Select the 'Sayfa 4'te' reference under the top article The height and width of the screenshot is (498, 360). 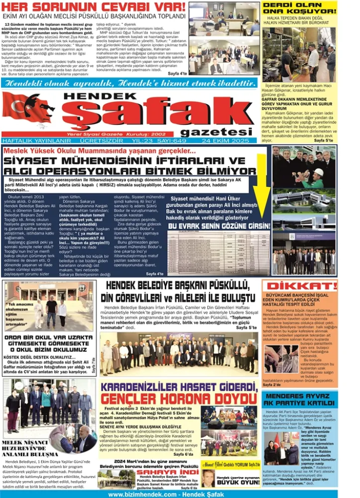[177, 74]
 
